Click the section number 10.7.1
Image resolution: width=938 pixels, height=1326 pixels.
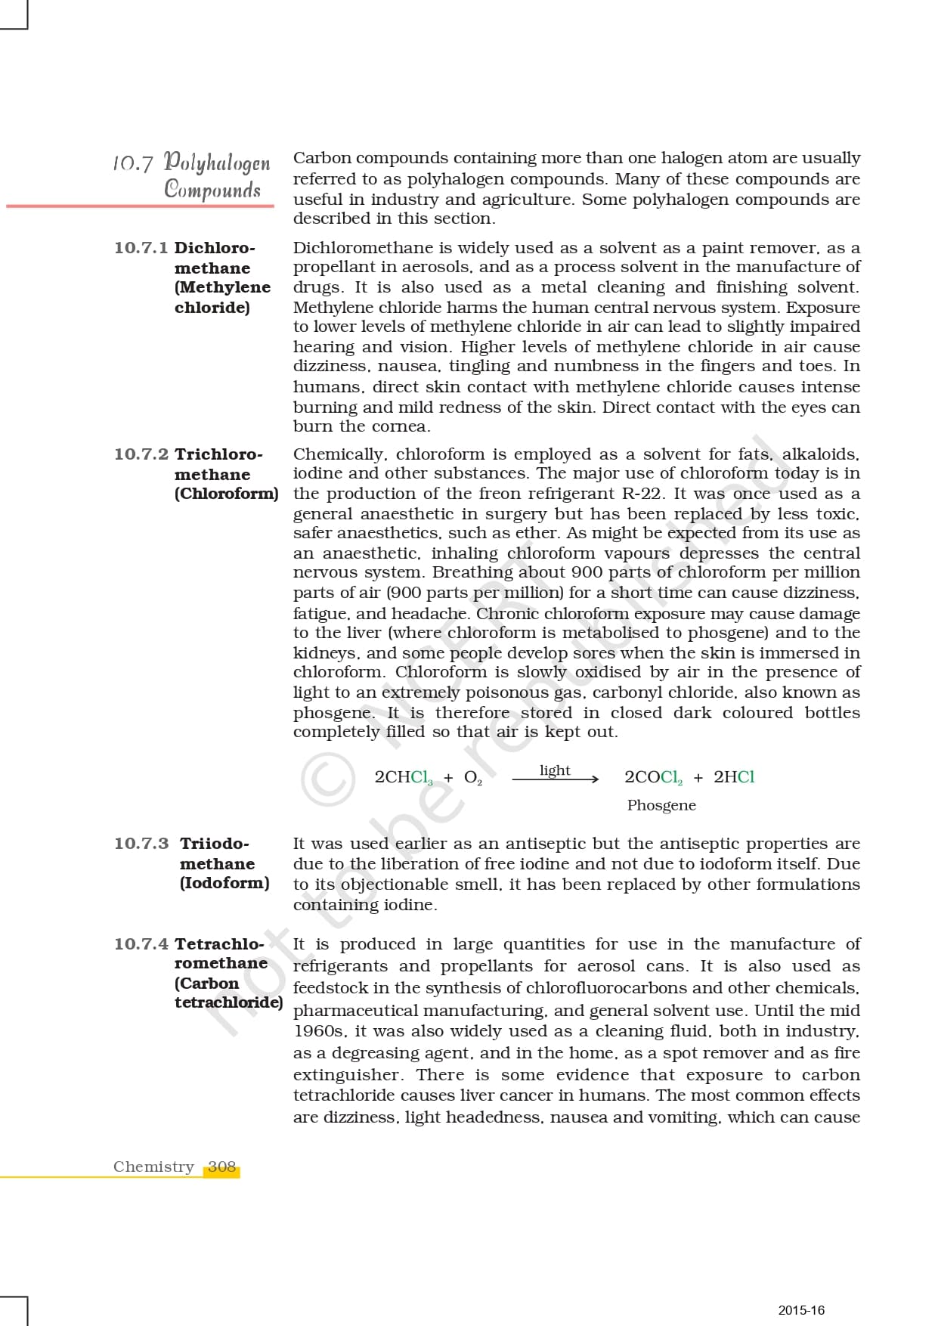pyautogui.click(x=141, y=248)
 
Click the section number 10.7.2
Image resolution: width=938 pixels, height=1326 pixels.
pyautogui.click(x=141, y=454)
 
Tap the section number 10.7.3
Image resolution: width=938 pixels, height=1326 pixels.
pyautogui.click(x=141, y=844)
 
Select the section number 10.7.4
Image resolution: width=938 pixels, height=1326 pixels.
pyautogui.click(x=141, y=944)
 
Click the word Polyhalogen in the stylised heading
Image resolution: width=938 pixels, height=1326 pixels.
pyautogui.click(x=217, y=163)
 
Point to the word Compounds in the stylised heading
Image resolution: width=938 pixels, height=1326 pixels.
pyautogui.click(x=212, y=189)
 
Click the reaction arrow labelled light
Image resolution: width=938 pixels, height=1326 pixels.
pyautogui.click(x=556, y=779)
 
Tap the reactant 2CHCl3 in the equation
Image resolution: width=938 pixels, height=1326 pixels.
pyautogui.click(x=404, y=778)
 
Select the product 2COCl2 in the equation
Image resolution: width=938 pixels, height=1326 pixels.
pyautogui.click(x=653, y=778)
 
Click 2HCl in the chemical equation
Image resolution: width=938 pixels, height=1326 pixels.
pyautogui.click(x=734, y=777)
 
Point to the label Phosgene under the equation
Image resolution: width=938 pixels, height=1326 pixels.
pyautogui.click(x=661, y=805)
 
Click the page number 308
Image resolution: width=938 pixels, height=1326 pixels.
pyautogui.click(x=221, y=1166)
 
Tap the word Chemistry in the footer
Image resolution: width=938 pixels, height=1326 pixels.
pyautogui.click(x=153, y=1166)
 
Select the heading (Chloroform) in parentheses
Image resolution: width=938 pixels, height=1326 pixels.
pyautogui.click(x=226, y=494)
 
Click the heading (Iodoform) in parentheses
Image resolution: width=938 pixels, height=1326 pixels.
pyautogui.click(x=224, y=883)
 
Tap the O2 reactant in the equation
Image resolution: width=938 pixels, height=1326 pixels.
pyautogui.click(x=472, y=778)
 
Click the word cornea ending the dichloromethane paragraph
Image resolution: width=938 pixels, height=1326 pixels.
pyautogui.click(x=406, y=426)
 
